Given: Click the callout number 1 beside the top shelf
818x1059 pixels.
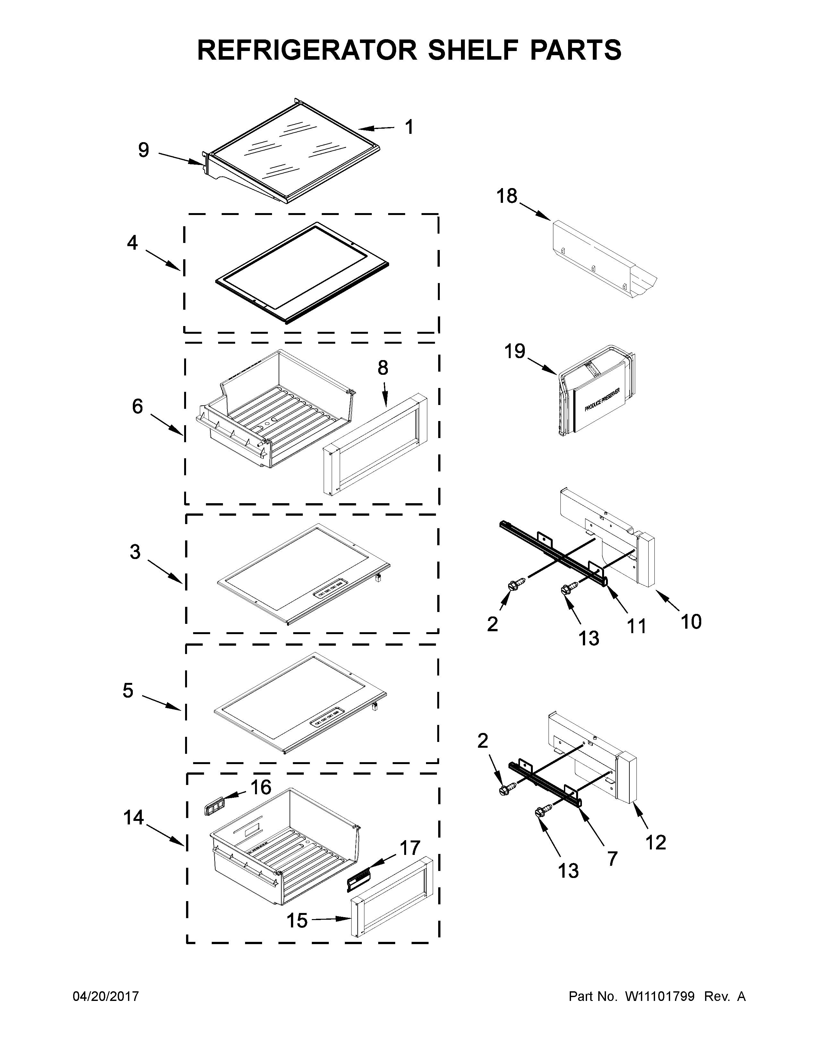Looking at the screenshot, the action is [409, 127].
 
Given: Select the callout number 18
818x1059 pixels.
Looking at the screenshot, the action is [507, 196].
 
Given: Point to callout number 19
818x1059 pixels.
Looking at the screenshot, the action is [514, 351].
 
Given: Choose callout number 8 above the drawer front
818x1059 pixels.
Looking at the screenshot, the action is [383, 368].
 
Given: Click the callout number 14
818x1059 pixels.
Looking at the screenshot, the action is [133, 818].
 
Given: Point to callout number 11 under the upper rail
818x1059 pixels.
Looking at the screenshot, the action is [637, 626].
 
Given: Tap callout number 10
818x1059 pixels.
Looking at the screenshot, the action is [691, 621].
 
